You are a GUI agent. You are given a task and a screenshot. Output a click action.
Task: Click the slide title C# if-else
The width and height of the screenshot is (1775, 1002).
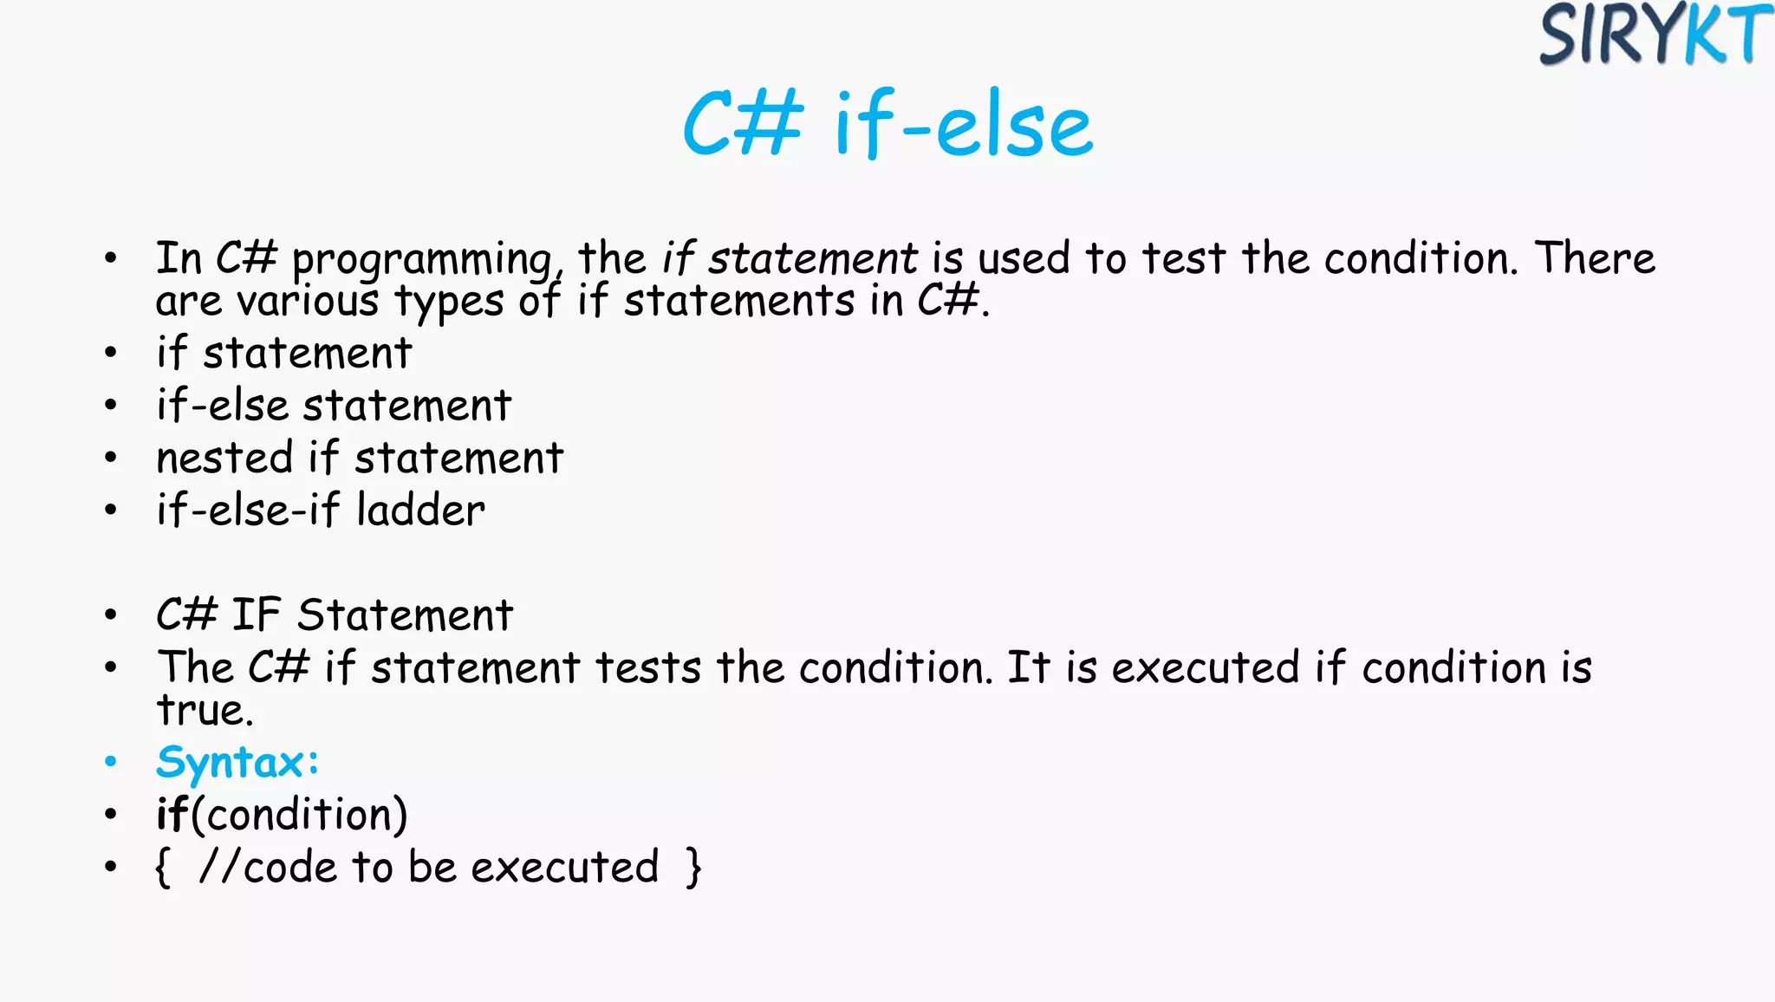coord(887,126)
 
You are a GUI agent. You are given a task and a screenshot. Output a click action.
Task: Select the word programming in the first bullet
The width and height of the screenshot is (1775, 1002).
coord(422,260)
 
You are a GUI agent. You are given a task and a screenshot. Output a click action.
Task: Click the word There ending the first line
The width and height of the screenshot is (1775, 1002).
coord(1595,258)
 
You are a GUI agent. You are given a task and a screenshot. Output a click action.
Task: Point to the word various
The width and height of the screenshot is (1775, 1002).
coord(308,302)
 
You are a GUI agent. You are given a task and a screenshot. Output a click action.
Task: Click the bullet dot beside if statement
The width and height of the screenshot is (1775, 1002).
coord(110,353)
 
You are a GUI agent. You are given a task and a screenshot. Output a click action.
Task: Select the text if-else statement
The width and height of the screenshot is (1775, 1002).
coord(334,405)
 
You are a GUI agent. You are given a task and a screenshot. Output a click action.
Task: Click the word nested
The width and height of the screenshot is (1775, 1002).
coord(224,458)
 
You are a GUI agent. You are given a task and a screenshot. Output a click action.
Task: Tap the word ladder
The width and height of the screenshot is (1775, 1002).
coord(420,510)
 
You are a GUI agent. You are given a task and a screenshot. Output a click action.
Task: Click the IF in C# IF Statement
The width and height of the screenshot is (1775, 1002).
coord(256,615)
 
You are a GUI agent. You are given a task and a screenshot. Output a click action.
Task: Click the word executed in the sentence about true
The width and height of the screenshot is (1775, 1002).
coord(1205,667)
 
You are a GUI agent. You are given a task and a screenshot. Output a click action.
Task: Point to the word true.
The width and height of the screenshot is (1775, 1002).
coord(203,711)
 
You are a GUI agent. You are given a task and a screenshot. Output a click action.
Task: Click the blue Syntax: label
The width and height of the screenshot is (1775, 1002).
coord(237,763)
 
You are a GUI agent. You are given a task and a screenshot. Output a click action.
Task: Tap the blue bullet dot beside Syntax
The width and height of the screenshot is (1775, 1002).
coord(110,762)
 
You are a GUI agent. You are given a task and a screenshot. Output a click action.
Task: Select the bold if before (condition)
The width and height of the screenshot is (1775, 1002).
coord(171,814)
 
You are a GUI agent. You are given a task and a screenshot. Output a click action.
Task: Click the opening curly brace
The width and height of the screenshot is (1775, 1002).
coord(162,867)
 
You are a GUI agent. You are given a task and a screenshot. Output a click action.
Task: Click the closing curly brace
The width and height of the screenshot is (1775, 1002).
coord(692,867)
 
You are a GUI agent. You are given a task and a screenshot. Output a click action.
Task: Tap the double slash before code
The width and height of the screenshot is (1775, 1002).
coord(218,867)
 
